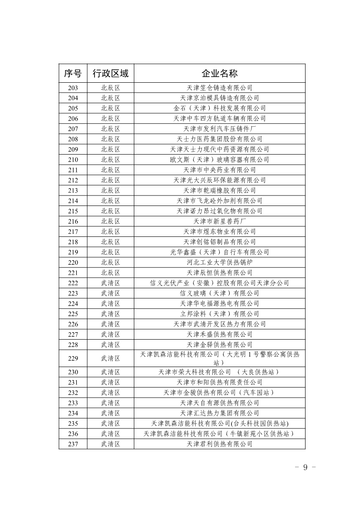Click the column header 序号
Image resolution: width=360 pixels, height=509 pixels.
(x=73, y=73)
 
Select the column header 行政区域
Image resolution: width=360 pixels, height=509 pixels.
(x=110, y=73)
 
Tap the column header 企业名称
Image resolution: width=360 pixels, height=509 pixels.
(x=219, y=73)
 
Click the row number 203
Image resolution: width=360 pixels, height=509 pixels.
(x=73, y=88)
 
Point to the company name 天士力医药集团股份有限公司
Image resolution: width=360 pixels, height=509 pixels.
(x=219, y=139)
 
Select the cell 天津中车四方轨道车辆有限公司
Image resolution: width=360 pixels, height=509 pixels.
(x=219, y=118)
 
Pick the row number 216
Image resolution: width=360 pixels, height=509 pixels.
(x=73, y=221)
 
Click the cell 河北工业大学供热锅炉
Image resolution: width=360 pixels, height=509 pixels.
(x=219, y=263)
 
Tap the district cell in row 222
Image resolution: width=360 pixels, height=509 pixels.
(x=110, y=283)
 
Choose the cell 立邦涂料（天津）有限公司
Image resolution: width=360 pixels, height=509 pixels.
(x=219, y=314)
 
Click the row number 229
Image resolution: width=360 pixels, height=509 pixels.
(x=73, y=358)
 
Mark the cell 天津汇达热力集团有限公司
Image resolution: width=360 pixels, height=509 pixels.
(x=219, y=413)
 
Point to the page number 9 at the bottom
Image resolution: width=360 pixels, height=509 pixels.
(x=305, y=467)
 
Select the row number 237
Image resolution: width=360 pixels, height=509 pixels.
(x=73, y=444)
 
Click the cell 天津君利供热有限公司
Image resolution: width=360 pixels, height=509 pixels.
(x=219, y=444)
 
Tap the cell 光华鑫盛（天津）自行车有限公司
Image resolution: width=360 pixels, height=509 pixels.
(x=219, y=252)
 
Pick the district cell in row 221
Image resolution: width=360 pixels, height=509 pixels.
(x=110, y=273)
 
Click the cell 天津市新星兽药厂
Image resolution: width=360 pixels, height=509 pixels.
(x=219, y=221)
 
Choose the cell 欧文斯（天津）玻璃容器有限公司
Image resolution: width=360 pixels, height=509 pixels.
(x=219, y=159)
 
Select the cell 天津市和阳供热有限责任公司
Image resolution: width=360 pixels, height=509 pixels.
(x=219, y=382)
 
